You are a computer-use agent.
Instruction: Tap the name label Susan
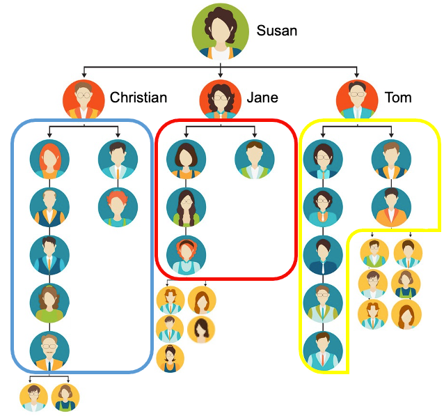click(276, 31)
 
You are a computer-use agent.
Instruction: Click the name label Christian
click(138, 98)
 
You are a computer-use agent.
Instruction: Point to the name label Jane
click(262, 98)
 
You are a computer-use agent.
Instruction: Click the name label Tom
click(398, 98)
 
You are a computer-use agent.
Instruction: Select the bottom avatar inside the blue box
click(49, 350)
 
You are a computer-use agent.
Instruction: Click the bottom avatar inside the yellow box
click(323, 350)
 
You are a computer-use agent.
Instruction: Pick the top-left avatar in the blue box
click(49, 159)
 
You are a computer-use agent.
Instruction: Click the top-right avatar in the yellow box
click(390, 159)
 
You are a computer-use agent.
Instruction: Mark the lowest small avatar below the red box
click(171, 358)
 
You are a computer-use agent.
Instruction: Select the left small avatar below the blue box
click(34, 397)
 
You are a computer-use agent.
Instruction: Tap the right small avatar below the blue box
click(65, 397)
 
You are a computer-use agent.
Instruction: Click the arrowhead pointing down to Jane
click(221, 73)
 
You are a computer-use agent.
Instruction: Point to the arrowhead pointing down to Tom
click(357, 73)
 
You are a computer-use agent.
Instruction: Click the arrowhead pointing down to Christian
click(84, 73)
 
